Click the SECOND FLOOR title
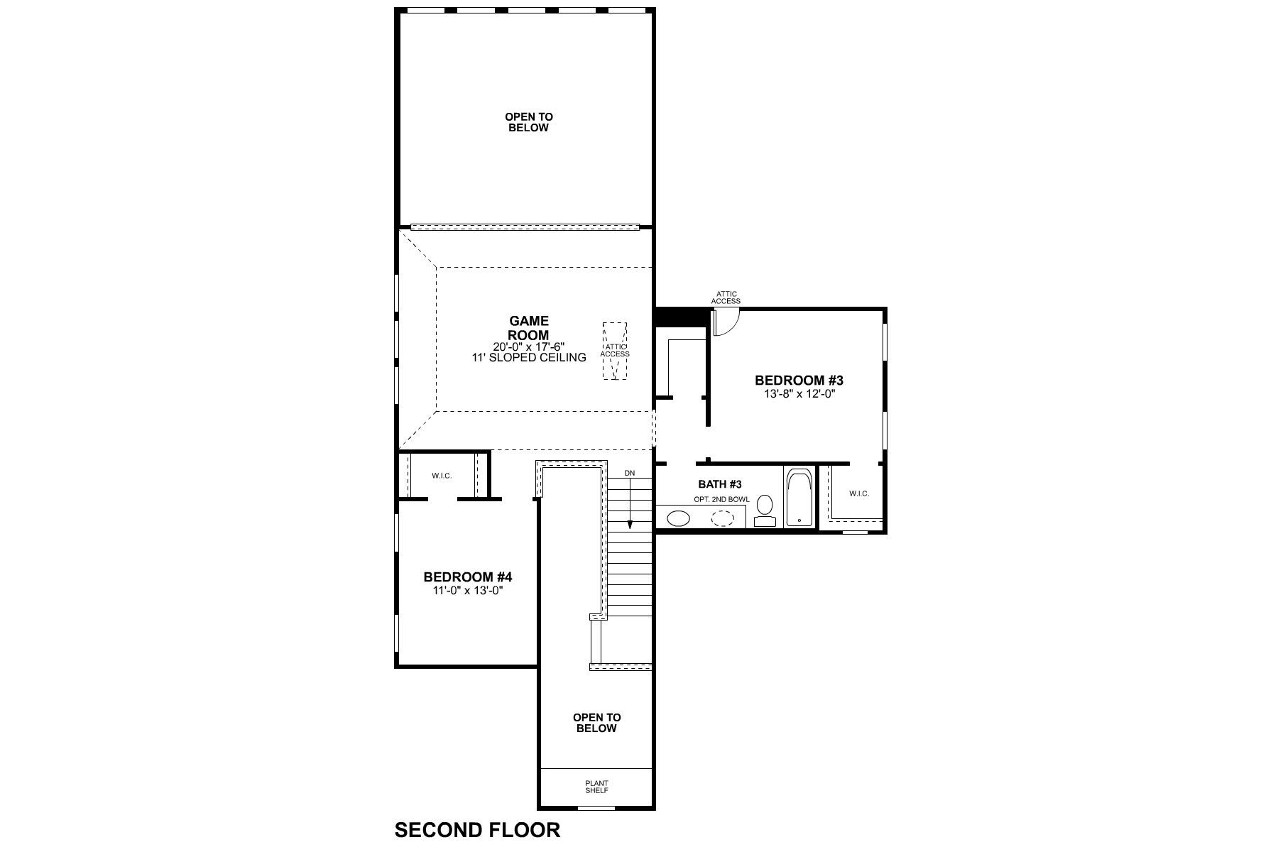pyautogui.click(x=477, y=829)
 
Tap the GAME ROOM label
pyautogui.click(x=529, y=329)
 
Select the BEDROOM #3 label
pyautogui.click(x=799, y=381)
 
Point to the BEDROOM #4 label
pyautogui.click(x=468, y=577)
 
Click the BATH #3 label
pyautogui.click(x=720, y=484)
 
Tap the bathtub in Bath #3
pyautogui.click(x=800, y=497)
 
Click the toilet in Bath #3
pyautogui.click(x=765, y=510)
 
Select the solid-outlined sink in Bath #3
pyautogui.click(x=679, y=518)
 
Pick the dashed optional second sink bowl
pyautogui.click(x=723, y=518)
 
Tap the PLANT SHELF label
pyautogui.click(x=597, y=787)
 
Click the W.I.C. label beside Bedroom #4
pyautogui.click(x=442, y=476)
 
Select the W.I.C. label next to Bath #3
pyautogui.click(x=858, y=493)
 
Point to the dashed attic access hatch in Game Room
pyautogui.click(x=615, y=351)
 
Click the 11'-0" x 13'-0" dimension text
pyautogui.click(x=468, y=590)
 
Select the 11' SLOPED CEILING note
pyautogui.click(x=529, y=358)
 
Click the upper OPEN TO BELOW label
pyautogui.click(x=529, y=122)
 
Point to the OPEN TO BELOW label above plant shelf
pyautogui.click(x=597, y=723)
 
